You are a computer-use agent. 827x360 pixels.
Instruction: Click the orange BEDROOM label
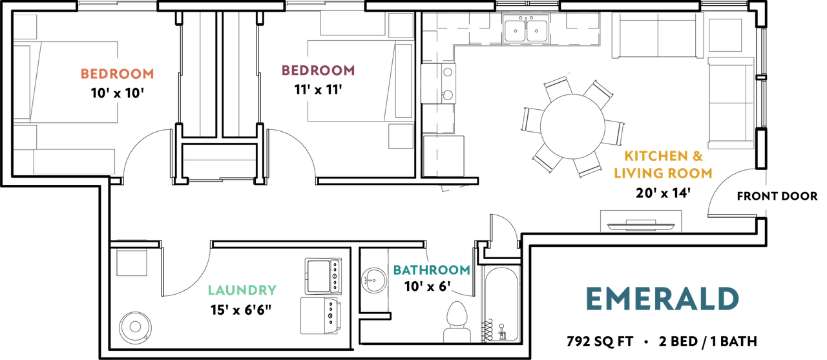click(117, 74)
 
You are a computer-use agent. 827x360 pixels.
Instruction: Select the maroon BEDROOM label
click(317, 70)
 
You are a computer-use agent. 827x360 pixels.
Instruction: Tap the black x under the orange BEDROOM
click(116, 94)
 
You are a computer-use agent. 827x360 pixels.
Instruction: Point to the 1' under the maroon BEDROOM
click(306, 90)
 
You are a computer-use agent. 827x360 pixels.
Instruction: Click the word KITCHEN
click(655, 156)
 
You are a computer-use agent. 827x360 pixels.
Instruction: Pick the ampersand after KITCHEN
click(697, 156)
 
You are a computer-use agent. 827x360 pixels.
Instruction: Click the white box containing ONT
click(766, 196)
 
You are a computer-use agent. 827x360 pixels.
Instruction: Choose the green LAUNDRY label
click(242, 290)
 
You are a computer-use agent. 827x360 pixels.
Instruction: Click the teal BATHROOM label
click(431, 270)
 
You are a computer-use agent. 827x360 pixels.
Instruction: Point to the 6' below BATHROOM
click(445, 285)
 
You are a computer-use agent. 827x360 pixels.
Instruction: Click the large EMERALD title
click(662, 299)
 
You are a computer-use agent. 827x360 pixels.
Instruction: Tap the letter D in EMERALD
click(728, 299)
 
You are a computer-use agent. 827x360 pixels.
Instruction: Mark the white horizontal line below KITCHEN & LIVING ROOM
click(640, 231)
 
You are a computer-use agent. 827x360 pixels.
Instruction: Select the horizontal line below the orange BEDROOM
click(74, 173)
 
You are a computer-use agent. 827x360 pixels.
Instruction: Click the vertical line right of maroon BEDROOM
click(413, 81)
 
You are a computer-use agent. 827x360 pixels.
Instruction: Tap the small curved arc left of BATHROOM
click(386, 282)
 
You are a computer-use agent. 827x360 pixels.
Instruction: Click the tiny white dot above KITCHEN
click(569, 73)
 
